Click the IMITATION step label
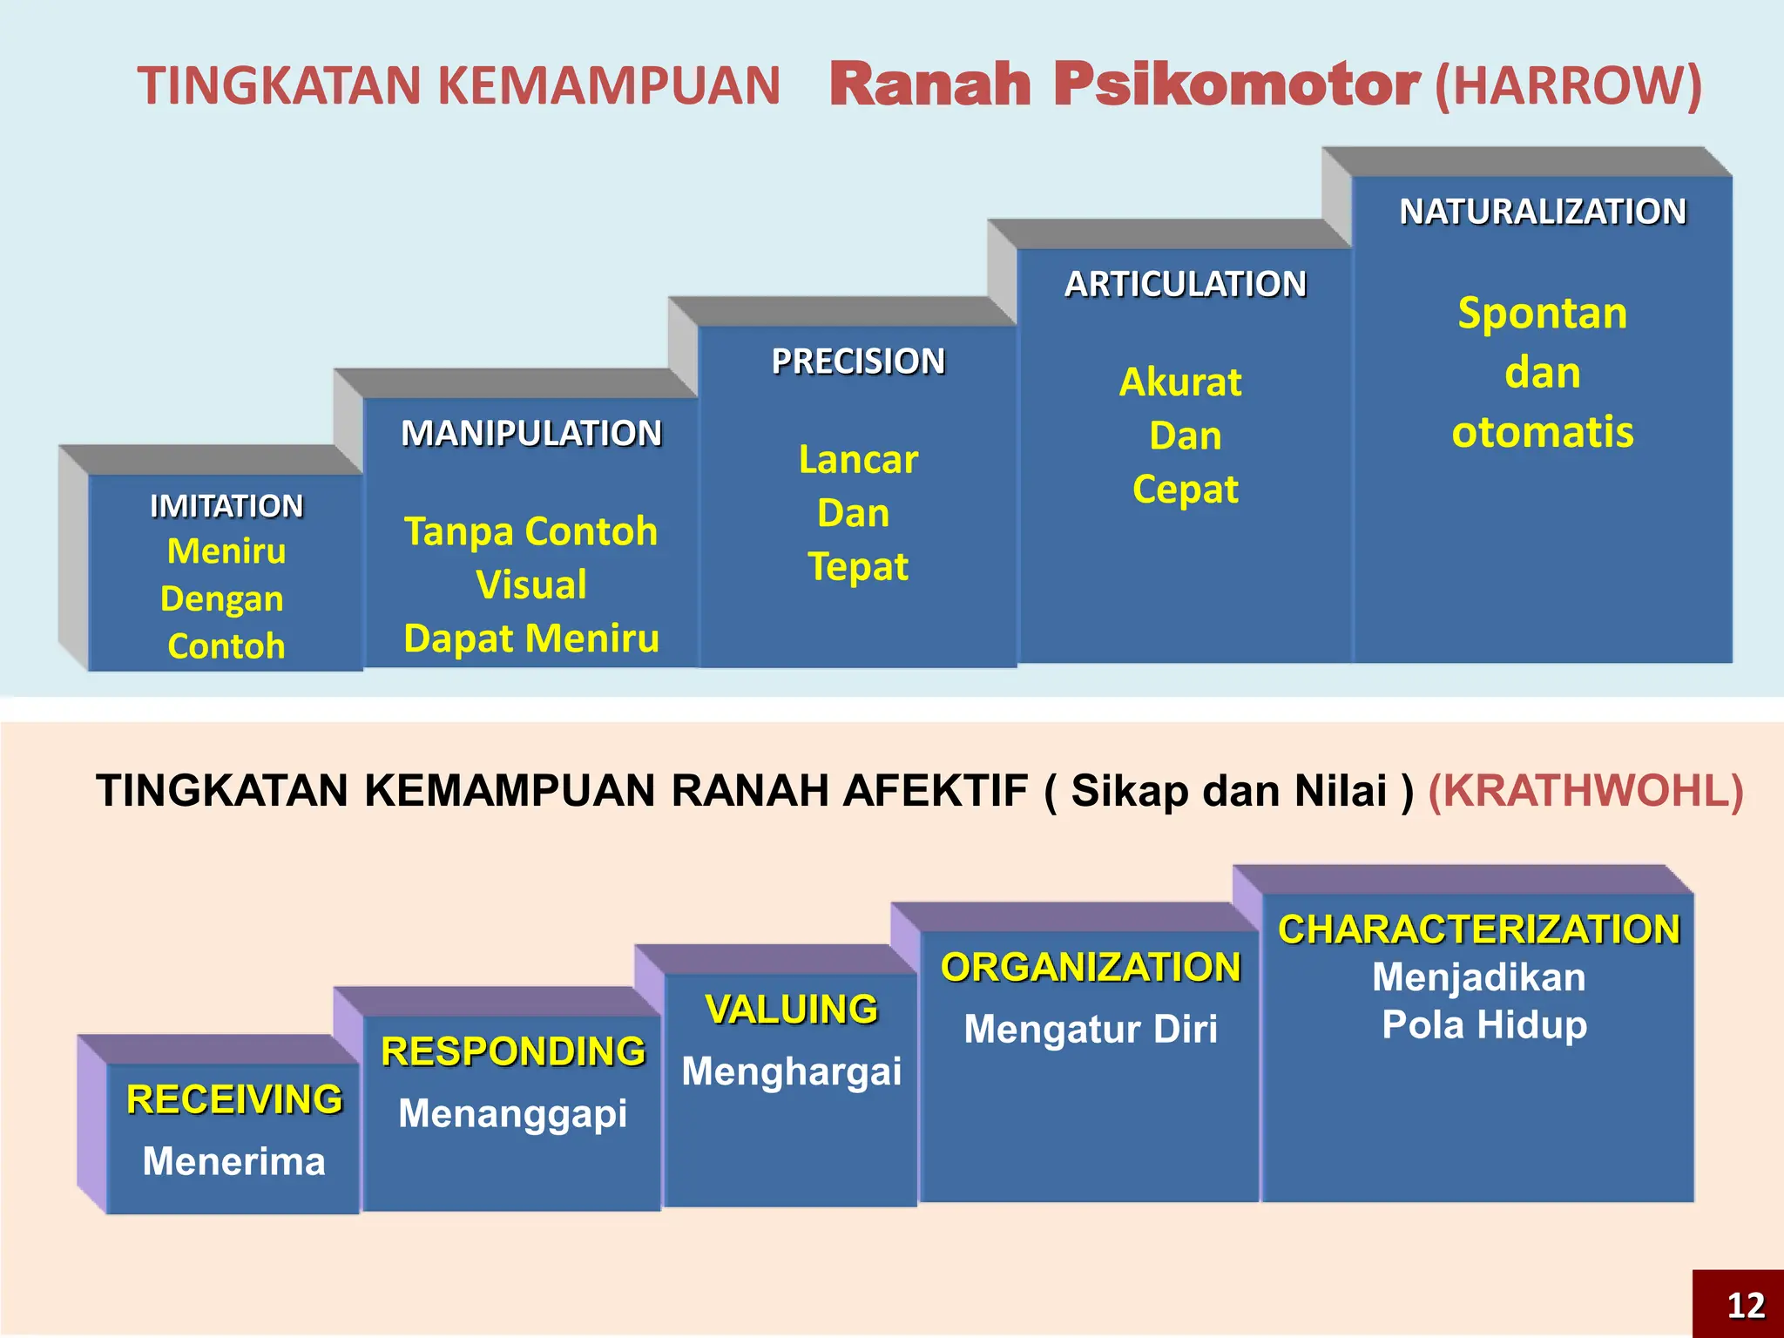click(226, 506)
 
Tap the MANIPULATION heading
click(531, 433)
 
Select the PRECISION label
click(858, 362)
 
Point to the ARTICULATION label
click(1186, 284)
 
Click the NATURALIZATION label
click(1543, 212)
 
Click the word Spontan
click(1542, 314)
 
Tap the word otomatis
click(1543, 432)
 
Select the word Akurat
click(1180, 382)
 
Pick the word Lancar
click(858, 460)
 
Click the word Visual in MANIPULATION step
click(531, 585)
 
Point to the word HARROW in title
click(1568, 85)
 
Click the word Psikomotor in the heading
click(1237, 84)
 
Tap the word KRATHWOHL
click(1585, 791)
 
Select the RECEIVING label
click(234, 1099)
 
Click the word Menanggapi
click(512, 1113)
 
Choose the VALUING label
click(791, 1010)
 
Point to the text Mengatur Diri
click(1091, 1029)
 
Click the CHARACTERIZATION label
click(1478, 929)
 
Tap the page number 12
click(1745, 1305)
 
